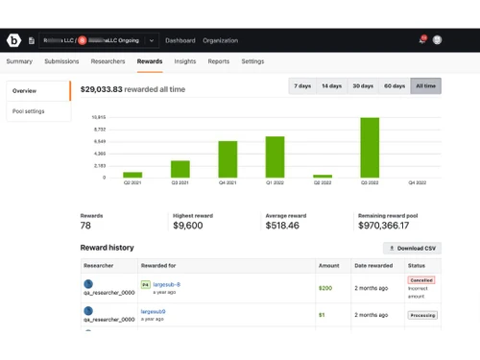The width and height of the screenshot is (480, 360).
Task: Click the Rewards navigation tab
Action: [x=150, y=61]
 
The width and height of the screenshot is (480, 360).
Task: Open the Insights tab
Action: [x=185, y=61]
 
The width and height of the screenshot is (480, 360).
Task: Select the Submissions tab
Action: [x=61, y=61]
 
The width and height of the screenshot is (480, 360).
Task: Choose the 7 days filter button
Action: [x=303, y=86]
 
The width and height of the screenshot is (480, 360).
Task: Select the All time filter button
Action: [x=425, y=86]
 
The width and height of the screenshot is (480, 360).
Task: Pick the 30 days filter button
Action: [x=363, y=86]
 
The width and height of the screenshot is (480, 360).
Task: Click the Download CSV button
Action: [x=411, y=248]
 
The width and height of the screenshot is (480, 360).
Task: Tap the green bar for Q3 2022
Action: [x=370, y=148]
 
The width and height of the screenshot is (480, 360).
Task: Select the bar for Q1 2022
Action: [x=276, y=156]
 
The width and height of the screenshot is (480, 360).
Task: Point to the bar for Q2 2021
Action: [x=132, y=175]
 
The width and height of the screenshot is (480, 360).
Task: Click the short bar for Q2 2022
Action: [x=323, y=176]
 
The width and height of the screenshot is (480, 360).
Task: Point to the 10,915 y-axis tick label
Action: [x=99, y=117]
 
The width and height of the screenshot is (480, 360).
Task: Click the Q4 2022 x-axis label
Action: [x=417, y=183]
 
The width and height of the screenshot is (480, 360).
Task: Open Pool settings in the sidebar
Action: [x=29, y=111]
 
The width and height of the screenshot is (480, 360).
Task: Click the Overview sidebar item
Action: [x=25, y=91]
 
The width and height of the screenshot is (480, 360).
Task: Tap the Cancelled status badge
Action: [x=421, y=280]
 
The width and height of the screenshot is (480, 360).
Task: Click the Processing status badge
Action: [x=422, y=314]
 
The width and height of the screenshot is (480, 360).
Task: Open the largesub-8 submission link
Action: [x=167, y=284]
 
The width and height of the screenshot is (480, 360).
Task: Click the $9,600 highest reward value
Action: [x=190, y=226]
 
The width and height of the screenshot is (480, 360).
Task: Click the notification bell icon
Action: [x=421, y=40]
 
